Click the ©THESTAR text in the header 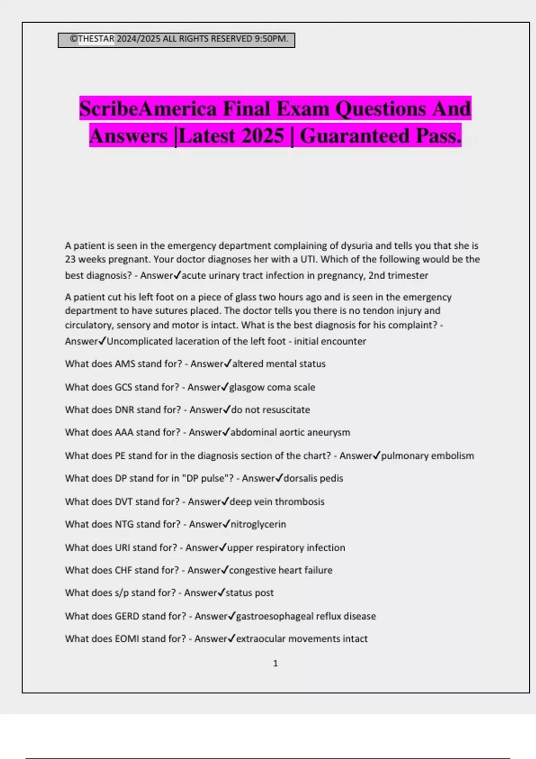tap(92, 39)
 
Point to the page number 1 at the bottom tap(275, 663)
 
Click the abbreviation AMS tap(125, 364)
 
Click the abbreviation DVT tap(124, 502)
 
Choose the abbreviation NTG tap(124, 524)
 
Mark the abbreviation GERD tap(127, 616)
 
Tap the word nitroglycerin tap(258, 524)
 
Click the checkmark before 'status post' tap(221, 592)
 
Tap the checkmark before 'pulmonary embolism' tap(377, 455)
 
